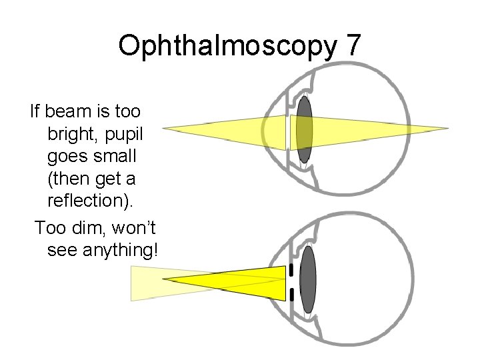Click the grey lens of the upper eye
click(305, 129)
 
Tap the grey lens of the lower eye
click(307, 280)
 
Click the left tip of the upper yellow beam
click(165, 128)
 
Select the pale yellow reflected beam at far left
click(143, 283)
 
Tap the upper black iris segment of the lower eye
click(291, 269)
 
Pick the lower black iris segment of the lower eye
click(291, 294)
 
